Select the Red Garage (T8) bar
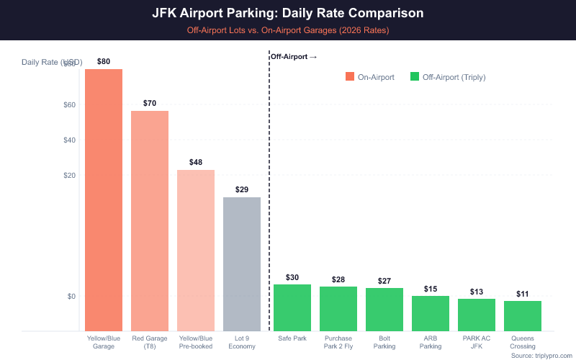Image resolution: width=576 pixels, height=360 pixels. (150, 220)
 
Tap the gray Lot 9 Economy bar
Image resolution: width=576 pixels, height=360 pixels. (242, 264)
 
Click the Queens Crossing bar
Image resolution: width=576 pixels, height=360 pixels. (523, 315)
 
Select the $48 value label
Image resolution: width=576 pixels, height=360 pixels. (196, 162)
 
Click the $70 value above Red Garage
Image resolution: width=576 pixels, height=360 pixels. (150, 103)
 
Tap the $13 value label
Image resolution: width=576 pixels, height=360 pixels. (477, 292)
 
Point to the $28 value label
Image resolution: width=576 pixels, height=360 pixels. (338, 279)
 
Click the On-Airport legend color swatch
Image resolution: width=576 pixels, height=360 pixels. (350, 77)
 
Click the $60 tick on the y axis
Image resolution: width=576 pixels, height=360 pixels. (70, 105)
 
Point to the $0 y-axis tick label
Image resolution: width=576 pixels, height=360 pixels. (71, 296)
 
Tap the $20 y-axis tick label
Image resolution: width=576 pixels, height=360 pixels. (70, 176)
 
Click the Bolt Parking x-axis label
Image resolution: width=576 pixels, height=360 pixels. (384, 341)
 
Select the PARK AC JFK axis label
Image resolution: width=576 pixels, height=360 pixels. (477, 341)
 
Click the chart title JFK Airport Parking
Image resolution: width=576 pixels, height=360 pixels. (288, 13)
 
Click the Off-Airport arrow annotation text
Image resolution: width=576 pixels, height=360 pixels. (293, 56)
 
